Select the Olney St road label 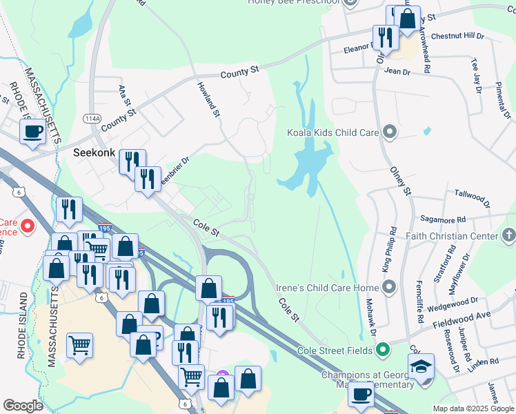coord(400,179)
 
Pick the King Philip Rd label coord(394,248)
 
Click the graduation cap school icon coord(421,368)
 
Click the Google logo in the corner coord(23,406)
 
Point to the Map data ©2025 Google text coord(473,408)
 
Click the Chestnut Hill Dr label coord(458,36)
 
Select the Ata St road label coord(125,91)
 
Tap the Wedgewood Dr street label coord(453,302)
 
